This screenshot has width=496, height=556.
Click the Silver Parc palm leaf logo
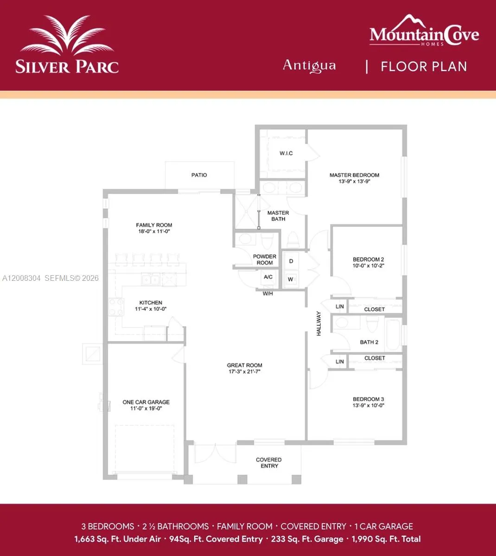coord(67,36)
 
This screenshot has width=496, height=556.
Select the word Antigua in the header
coord(309,65)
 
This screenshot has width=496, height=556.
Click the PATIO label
coord(199,175)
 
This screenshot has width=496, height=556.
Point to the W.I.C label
coord(286,153)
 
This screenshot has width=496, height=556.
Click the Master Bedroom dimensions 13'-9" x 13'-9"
coord(354,182)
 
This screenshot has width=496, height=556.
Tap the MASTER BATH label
coord(278,216)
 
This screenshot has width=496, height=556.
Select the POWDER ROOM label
coord(265,259)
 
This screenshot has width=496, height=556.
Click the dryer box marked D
coord(291,261)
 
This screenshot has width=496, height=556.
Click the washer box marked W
coord(291,279)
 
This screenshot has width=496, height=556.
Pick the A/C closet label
coord(268,277)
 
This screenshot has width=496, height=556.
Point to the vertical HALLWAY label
coord(319,323)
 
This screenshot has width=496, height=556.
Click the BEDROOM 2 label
coord(369,259)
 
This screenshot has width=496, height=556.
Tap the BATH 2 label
coord(369,342)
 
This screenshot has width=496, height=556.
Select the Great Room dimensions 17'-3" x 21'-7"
coord(245,372)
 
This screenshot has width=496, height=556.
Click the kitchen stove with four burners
coord(116,307)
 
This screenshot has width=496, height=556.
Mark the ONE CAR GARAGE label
coord(146,402)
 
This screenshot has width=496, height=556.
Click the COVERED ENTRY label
coord(269,463)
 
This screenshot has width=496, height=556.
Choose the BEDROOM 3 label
coord(369,399)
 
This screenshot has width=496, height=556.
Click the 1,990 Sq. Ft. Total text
coord(386,539)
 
